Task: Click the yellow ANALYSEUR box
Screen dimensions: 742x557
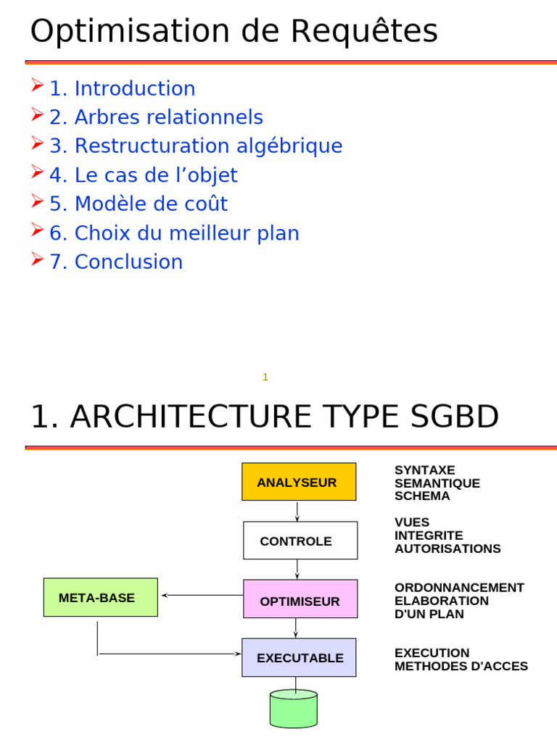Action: (299, 482)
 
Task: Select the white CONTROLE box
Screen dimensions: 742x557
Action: (300, 541)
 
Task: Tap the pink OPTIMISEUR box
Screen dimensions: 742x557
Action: (300, 599)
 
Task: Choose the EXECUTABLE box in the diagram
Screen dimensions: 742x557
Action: (299, 658)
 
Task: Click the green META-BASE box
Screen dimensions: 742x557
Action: (100, 598)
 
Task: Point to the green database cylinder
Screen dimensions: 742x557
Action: (293, 709)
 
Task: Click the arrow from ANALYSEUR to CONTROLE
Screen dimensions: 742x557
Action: (297, 512)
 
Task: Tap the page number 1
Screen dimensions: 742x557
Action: (265, 377)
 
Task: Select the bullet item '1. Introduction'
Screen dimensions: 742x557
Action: (122, 88)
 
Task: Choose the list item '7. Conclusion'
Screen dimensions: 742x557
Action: (116, 262)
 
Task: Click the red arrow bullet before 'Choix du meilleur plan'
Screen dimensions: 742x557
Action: (38, 231)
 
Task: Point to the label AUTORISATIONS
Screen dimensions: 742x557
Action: (447, 549)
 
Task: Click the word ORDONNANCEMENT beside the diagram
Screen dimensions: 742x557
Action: (459, 588)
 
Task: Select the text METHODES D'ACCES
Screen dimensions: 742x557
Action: (461, 666)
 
